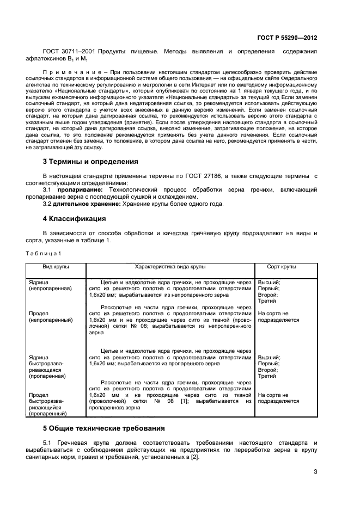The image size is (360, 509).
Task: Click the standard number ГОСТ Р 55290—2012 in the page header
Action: (287, 38)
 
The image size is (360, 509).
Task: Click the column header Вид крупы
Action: (56, 268)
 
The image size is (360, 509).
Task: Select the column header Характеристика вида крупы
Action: (170, 268)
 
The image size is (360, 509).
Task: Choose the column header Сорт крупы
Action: (281, 268)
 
